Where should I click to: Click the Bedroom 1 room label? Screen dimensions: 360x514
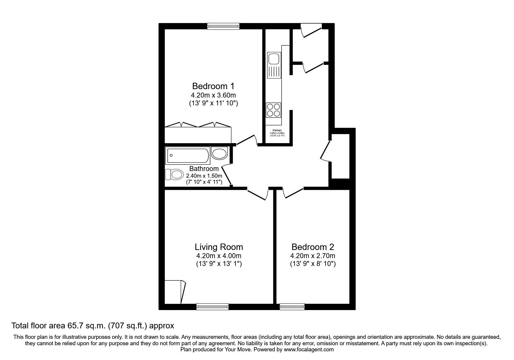pos(213,86)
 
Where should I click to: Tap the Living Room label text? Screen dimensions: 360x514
pos(219,247)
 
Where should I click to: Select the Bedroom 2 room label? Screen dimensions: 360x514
pos(313,247)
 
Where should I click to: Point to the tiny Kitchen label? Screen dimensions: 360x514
pos(277,130)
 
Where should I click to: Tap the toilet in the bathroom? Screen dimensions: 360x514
pos(174,174)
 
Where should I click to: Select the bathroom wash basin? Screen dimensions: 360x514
pos(219,153)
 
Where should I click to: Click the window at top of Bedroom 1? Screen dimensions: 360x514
pos(223,26)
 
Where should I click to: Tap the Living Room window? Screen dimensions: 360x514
pos(212,306)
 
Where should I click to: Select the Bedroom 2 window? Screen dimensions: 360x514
pos(292,306)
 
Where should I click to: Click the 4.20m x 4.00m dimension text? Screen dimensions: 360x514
pos(219,256)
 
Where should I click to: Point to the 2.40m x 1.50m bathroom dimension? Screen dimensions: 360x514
pos(204,176)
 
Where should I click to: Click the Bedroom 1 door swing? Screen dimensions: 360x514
pos(247,140)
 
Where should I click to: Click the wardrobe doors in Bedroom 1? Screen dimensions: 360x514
pos(198,125)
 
